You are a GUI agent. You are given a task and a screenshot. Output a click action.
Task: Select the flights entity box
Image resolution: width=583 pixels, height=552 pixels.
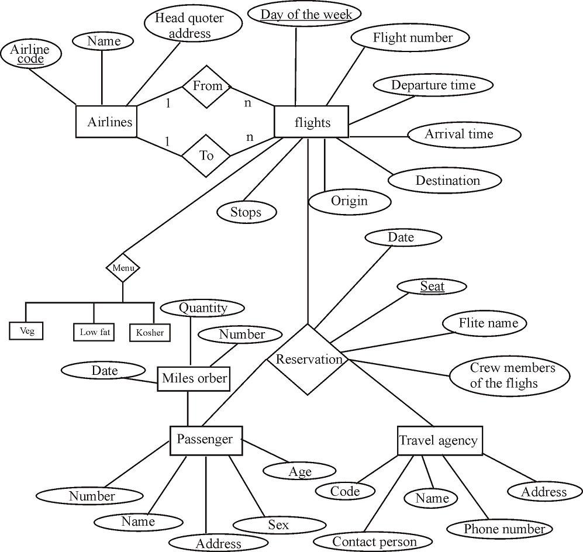coord(311,122)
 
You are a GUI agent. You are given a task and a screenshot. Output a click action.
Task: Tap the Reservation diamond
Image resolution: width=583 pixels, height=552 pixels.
coord(308,360)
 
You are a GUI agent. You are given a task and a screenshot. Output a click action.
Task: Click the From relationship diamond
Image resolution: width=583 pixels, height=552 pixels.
coord(207,86)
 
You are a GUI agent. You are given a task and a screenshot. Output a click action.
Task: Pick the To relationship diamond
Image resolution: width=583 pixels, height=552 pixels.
coord(206,156)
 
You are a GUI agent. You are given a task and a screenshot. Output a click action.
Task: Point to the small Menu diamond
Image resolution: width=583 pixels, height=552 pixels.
coord(123,268)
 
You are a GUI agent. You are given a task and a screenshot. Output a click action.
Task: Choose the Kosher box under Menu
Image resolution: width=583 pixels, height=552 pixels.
coord(150,332)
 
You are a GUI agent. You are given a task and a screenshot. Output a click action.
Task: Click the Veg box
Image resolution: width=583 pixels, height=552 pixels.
coord(27,331)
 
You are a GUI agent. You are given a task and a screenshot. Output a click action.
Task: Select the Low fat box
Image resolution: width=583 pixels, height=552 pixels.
coord(95,332)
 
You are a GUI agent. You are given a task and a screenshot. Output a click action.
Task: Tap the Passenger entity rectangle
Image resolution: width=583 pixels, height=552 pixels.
coord(205,440)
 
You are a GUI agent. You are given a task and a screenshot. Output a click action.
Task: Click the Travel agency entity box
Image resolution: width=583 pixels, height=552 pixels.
coord(439,441)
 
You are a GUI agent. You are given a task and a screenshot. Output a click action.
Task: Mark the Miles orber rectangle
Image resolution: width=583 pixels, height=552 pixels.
coord(194,378)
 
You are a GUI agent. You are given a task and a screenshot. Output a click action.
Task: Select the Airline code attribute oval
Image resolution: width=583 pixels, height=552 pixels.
coord(29,54)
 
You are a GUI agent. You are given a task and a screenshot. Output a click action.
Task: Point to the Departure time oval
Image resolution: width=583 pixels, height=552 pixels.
coord(433,85)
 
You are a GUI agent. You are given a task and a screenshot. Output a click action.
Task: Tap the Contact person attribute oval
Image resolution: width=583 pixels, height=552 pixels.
coord(374,541)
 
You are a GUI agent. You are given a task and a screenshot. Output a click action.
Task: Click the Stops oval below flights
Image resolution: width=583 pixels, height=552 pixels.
coord(246,212)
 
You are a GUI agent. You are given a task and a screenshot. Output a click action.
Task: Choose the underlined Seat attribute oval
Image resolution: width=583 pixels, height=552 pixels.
coord(432,286)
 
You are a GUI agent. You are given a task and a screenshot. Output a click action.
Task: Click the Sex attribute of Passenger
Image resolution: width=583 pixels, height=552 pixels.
coord(278,525)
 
